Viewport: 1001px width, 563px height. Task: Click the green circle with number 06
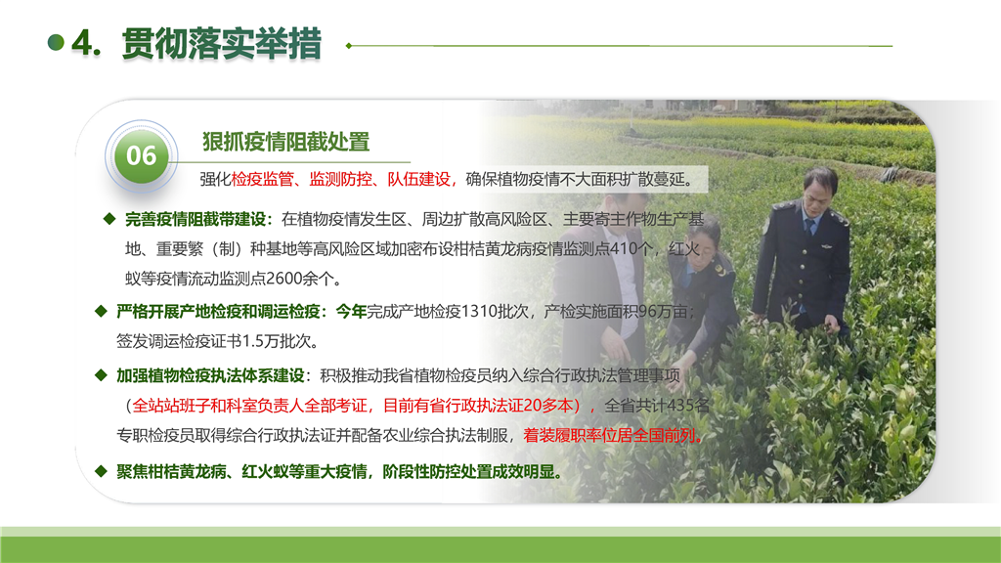(x=141, y=155)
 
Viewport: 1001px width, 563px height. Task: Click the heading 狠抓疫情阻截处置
(x=286, y=142)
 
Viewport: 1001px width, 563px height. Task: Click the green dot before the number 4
(x=56, y=43)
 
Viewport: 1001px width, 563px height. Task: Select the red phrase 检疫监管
(x=262, y=180)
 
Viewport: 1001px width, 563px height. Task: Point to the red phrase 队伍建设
(x=418, y=180)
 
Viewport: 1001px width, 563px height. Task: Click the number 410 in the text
(x=623, y=248)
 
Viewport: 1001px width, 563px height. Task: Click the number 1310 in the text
(x=479, y=311)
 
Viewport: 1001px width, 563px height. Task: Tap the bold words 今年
(x=351, y=312)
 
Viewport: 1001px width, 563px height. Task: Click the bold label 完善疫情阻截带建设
(x=196, y=220)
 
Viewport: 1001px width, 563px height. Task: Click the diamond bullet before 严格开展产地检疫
(x=101, y=311)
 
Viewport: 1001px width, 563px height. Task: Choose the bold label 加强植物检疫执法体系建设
(x=210, y=376)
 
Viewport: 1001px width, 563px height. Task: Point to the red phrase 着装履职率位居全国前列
(x=609, y=435)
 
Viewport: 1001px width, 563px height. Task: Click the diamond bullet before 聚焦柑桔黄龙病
(x=101, y=471)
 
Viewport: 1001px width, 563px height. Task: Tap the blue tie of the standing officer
(x=810, y=227)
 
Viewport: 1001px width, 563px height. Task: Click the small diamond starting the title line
(x=349, y=46)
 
